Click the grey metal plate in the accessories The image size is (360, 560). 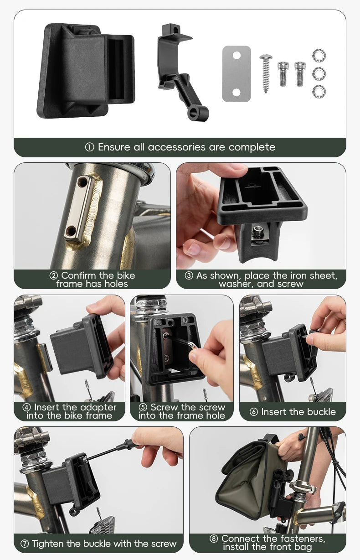pos(237,74)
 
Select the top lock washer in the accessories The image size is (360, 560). pos(319,55)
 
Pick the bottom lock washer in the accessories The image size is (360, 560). pos(319,92)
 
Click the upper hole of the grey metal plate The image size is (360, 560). pos(237,55)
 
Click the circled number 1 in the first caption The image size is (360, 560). pos(89,147)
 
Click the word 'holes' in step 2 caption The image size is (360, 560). pos(116,284)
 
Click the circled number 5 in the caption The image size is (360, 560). pos(143,408)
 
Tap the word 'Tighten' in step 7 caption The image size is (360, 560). pos(48,544)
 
